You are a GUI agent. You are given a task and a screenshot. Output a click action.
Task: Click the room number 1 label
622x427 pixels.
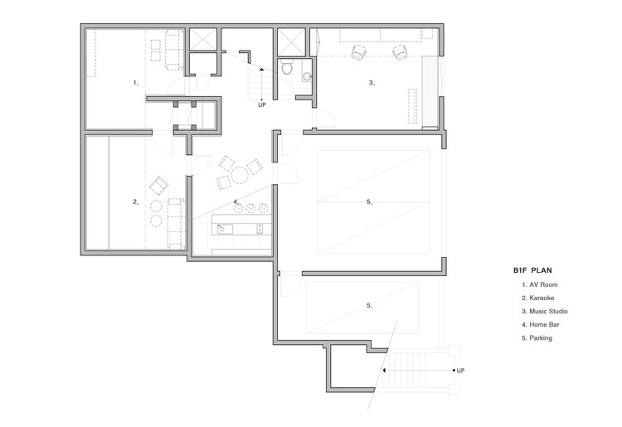pos(135,83)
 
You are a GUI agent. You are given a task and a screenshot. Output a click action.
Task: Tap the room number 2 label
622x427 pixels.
pos(135,201)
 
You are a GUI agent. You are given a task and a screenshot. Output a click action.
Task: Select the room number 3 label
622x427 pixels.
pos(372,82)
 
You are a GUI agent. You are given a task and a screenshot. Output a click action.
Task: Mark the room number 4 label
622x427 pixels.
pos(236,201)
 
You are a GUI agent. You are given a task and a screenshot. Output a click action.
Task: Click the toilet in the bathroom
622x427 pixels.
pos(287,68)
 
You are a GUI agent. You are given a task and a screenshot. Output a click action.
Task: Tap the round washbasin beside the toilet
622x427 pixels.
pos(308,78)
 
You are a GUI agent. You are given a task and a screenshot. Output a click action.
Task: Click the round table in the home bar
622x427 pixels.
pos(239,174)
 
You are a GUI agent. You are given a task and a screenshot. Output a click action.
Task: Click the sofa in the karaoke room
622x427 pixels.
pos(175,222)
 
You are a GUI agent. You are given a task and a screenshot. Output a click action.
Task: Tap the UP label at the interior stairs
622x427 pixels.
pos(262,105)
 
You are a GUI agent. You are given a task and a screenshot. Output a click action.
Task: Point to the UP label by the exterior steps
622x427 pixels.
pos(460,371)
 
